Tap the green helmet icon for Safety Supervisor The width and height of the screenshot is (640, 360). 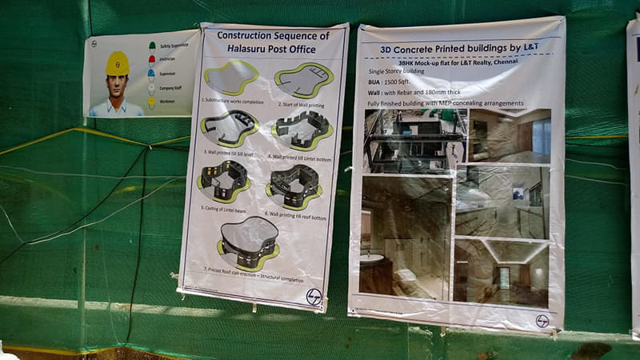tap(153, 46)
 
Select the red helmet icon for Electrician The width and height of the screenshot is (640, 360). tap(153, 59)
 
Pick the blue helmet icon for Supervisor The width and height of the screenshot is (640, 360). tap(152, 74)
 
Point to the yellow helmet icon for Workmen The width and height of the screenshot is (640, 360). tap(152, 102)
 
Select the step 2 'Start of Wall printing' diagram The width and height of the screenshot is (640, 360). tap(303, 80)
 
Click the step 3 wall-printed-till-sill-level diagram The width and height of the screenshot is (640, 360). tap(230, 127)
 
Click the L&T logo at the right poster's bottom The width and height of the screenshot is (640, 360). tap(542, 321)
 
